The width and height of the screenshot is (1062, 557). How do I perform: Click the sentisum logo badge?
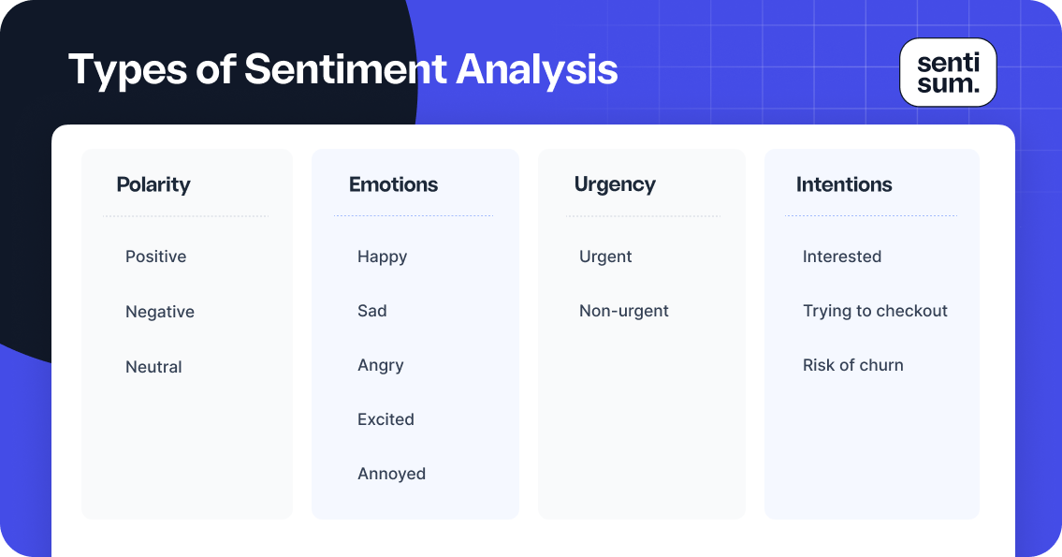tap(948, 73)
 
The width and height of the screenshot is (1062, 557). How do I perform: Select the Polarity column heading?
tap(153, 184)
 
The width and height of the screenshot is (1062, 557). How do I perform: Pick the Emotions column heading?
tap(393, 184)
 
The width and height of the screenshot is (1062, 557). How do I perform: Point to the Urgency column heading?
tap(615, 184)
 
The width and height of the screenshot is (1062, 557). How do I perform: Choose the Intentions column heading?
tap(844, 184)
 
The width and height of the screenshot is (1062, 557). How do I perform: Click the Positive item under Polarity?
tap(155, 257)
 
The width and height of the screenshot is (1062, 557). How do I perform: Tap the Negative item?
tap(160, 312)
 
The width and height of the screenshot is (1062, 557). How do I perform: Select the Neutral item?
tap(153, 367)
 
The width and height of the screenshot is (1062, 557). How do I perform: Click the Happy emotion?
tap(382, 257)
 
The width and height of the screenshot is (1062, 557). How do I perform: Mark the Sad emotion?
tap(371, 311)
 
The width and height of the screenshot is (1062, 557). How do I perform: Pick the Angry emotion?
tap(380, 365)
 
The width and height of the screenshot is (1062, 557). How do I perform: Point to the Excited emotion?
tap(386, 419)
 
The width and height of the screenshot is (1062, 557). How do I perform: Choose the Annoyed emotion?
tap(391, 474)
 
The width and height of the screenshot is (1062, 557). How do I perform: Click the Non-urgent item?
tap(624, 311)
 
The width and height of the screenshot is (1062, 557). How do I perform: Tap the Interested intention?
tap(842, 257)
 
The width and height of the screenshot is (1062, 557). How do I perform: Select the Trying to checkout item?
tap(875, 311)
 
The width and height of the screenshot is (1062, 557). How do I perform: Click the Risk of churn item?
tap(853, 365)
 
